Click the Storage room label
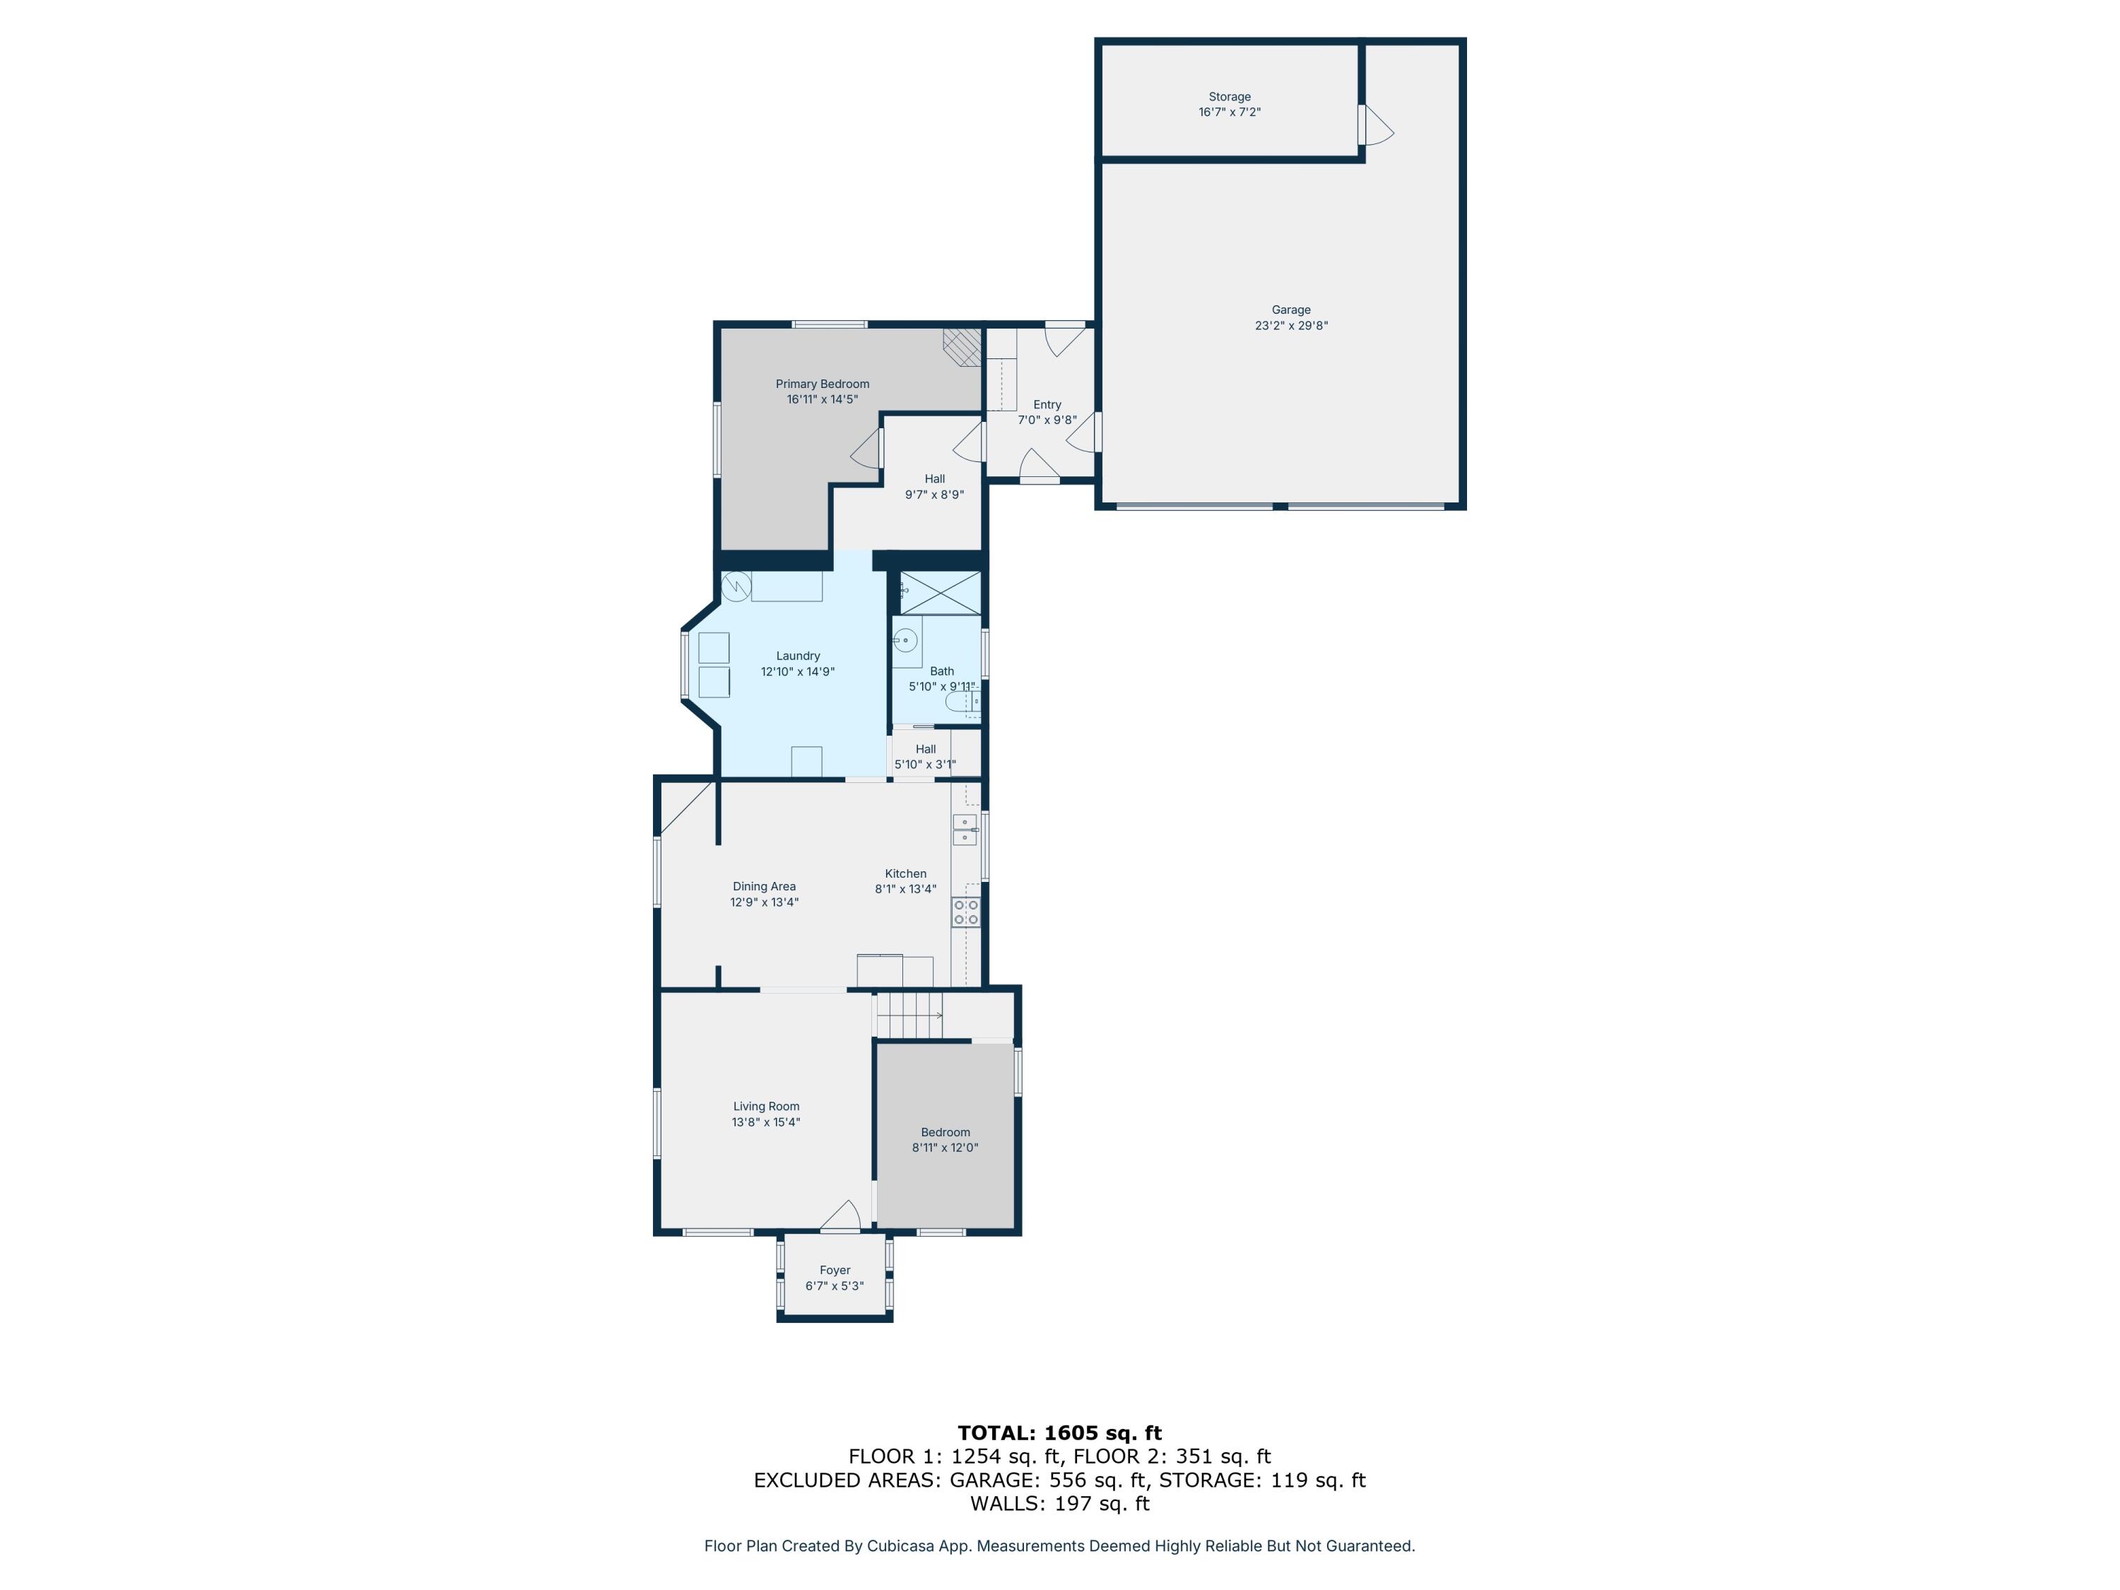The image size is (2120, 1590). [x=1229, y=97]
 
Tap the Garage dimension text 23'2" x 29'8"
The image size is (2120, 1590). [x=1291, y=326]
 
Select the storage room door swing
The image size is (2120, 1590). [x=1377, y=126]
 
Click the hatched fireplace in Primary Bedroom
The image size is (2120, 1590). [x=962, y=347]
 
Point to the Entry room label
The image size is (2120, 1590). [x=1047, y=404]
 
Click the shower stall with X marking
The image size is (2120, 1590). [x=940, y=592]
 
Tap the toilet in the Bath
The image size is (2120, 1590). [x=961, y=703]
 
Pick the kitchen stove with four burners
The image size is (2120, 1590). [x=965, y=912]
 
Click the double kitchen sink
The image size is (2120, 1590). [x=964, y=830]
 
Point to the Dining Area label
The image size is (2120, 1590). [x=764, y=887]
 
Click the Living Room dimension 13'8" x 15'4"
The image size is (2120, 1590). [x=766, y=1122]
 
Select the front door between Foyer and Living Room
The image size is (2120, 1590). [x=840, y=1216]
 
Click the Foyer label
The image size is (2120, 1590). [x=834, y=1270]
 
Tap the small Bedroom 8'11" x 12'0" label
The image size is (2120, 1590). [x=945, y=1133]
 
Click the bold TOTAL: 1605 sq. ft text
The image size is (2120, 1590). [x=1059, y=1433]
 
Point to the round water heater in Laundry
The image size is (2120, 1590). [x=736, y=586]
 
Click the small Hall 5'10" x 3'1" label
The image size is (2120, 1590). [x=925, y=750]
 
